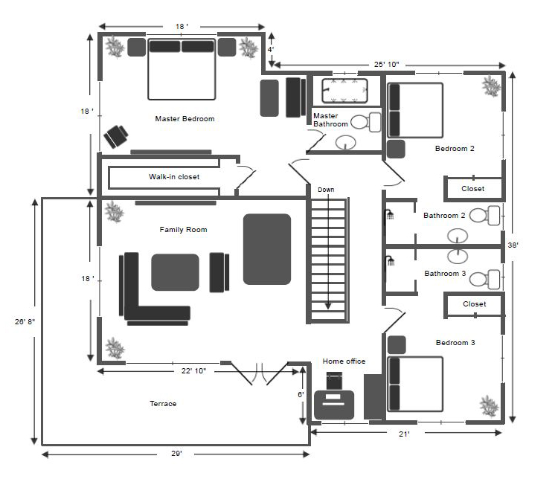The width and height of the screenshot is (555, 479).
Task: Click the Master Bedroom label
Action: click(x=185, y=119)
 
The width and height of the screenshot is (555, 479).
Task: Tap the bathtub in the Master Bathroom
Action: click(x=344, y=91)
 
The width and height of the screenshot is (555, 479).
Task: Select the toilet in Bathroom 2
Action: click(x=484, y=215)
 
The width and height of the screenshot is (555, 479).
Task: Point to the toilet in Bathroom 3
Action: click(x=484, y=279)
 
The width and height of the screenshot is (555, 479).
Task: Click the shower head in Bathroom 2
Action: click(x=389, y=214)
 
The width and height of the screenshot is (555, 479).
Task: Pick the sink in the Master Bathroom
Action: click(x=345, y=143)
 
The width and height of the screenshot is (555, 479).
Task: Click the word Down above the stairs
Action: click(x=326, y=190)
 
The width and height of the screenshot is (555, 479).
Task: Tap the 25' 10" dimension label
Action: click(x=387, y=65)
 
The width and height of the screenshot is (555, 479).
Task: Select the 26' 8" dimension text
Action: click(x=25, y=321)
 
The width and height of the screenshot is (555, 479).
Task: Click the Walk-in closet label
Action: click(x=174, y=177)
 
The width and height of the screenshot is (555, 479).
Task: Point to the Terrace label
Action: click(x=163, y=404)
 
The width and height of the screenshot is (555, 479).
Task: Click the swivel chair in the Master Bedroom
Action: click(x=116, y=136)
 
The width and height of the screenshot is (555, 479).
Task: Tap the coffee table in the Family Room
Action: click(x=176, y=272)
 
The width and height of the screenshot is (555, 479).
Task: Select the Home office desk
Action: click(x=334, y=405)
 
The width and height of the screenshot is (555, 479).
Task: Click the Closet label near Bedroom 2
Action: click(x=473, y=189)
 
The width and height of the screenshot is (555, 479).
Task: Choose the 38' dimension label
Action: click(x=513, y=245)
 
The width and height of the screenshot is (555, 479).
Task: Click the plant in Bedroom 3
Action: click(x=490, y=406)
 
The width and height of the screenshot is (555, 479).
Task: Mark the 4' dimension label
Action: click(x=270, y=50)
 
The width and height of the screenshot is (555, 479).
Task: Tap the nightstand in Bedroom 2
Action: click(x=396, y=149)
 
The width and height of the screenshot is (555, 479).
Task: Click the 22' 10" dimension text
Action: click(x=193, y=370)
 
